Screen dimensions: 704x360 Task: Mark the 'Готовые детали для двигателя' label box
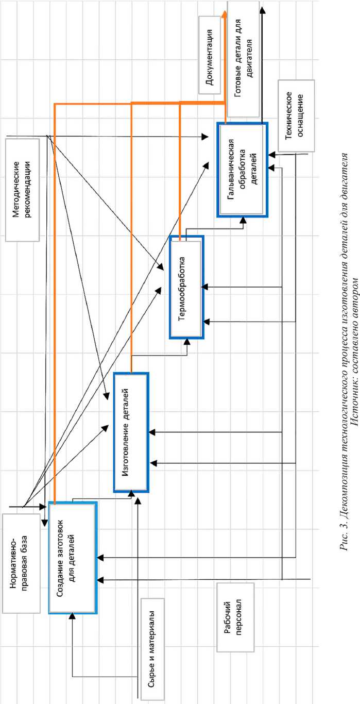[244, 58]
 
